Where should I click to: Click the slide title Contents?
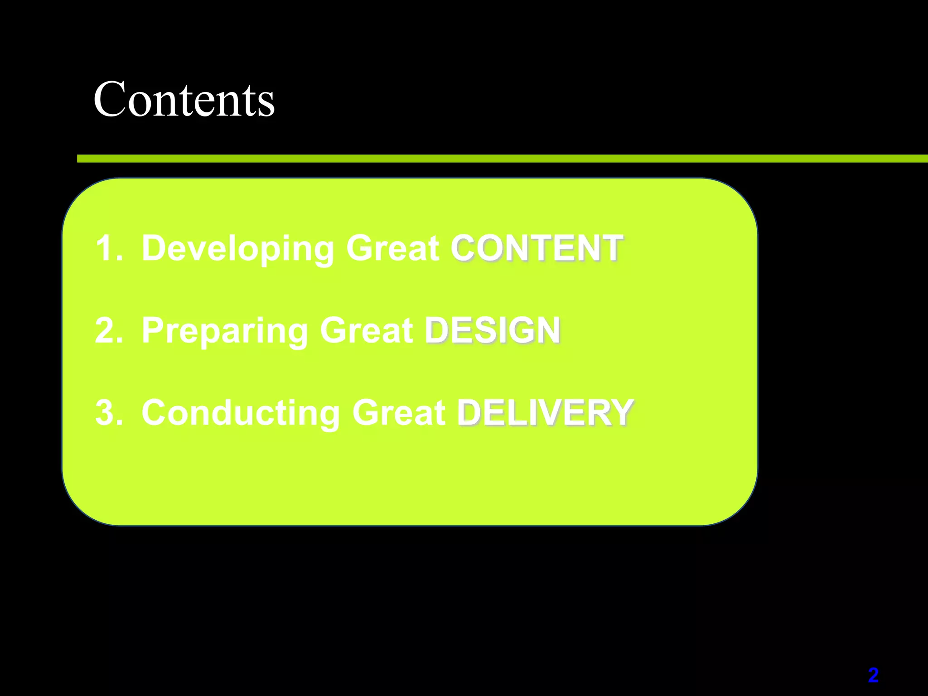(x=184, y=99)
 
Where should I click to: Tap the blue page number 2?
(x=873, y=675)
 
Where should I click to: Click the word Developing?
(x=238, y=248)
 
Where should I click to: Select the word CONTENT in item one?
(x=536, y=248)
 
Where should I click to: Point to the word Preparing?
(x=225, y=331)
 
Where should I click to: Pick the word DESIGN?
(x=493, y=331)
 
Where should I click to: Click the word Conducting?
(x=241, y=413)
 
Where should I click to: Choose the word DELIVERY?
(x=545, y=413)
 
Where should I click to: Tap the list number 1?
(x=109, y=248)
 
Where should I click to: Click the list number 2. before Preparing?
(x=109, y=331)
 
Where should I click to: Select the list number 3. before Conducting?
(x=109, y=413)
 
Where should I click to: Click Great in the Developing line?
(x=392, y=248)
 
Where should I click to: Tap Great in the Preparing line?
(x=366, y=331)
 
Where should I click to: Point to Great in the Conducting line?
(x=399, y=413)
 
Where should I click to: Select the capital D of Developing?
(x=156, y=248)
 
